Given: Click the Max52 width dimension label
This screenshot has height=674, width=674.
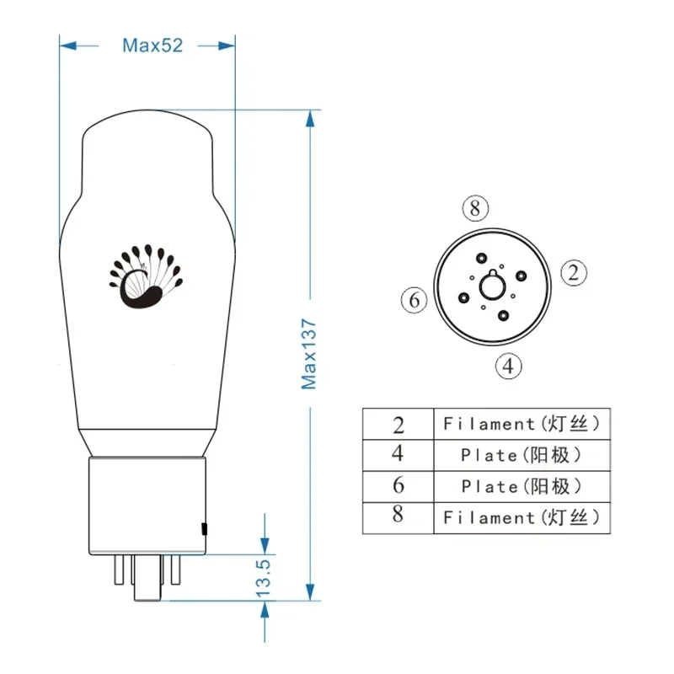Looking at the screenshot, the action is [152, 45].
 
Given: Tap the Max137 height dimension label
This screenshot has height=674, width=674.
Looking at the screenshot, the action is [309, 354].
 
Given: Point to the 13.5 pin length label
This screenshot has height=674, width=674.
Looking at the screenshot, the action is [263, 578].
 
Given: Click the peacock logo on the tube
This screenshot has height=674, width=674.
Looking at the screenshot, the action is [146, 276].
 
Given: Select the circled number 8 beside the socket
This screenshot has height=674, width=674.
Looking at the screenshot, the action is [475, 208].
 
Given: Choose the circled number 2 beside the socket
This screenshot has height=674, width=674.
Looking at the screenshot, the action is [574, 272].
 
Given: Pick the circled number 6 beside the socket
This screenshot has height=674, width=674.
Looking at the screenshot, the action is [414, 300].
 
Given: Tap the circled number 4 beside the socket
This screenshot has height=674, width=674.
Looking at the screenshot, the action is [509, 366].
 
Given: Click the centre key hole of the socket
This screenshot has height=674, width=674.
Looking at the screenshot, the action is [493, 286].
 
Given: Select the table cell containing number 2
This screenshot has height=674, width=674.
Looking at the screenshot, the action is [398, 424].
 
